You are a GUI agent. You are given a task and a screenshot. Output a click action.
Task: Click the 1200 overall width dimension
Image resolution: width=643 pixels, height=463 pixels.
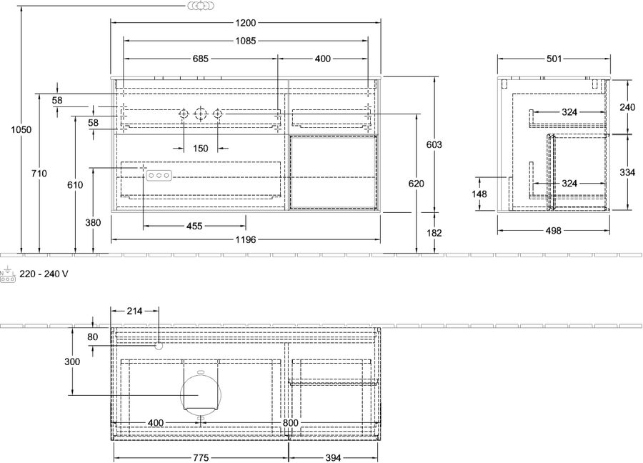tap(246, 23)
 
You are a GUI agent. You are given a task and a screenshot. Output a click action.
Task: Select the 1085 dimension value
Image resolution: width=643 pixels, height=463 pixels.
tap(246, 41)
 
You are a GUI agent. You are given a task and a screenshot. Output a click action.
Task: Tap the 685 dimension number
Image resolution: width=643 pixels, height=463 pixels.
tap(201, 59)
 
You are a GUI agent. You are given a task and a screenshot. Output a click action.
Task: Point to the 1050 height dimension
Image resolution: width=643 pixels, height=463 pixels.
tap(21, 129)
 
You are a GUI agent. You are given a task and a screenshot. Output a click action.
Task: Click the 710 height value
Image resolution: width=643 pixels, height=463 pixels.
tap(39, 174)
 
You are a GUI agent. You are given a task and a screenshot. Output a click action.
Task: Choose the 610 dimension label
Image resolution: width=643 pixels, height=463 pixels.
tap(76, 185)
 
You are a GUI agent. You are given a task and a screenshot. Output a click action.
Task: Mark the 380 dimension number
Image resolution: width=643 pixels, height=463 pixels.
tap(93, 223)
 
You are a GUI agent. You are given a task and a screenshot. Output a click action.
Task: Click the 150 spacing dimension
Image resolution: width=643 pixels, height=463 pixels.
tap(201, 148)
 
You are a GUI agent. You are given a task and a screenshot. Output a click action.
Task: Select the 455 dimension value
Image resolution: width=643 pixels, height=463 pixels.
tap(194, 226)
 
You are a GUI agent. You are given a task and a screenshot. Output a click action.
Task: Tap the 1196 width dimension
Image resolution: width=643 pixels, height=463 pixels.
tap(246, 239)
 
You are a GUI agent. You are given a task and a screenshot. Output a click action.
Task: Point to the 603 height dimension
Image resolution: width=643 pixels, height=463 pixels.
tap(434, 144)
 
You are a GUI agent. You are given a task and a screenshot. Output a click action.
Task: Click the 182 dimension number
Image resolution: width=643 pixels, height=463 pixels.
tap(434, 233)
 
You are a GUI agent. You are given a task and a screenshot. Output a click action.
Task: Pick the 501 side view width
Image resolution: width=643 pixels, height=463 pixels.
tap(554, 59)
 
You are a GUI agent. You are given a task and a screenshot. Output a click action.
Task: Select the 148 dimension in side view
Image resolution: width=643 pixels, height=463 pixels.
tap(479, 194)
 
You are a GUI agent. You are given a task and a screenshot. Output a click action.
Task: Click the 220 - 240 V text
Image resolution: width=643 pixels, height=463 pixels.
tap(44, 274)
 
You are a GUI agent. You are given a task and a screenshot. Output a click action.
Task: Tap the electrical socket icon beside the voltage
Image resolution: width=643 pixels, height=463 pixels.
tap(8, 274)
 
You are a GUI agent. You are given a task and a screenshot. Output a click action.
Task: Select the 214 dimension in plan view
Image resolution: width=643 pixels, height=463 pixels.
tap(134, 312)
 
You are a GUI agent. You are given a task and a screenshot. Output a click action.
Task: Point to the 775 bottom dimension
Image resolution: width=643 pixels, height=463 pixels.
tap(201, 458)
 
